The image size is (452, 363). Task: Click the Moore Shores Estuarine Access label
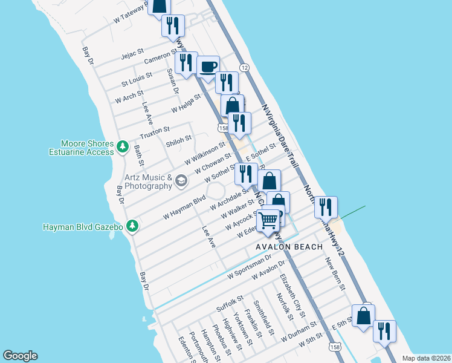[87, 148]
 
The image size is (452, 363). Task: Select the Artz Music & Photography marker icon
[180, 180]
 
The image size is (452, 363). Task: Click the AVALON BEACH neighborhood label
[289, 247]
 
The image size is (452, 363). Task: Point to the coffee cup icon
[208, 66]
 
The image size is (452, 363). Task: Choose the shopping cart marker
[268, 220]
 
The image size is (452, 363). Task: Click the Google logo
[20, 356]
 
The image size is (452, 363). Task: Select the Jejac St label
[132, 54]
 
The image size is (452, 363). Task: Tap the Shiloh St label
[178, 141]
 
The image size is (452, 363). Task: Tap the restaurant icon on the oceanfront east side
[326, 207]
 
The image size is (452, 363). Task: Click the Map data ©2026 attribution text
[425, 358]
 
